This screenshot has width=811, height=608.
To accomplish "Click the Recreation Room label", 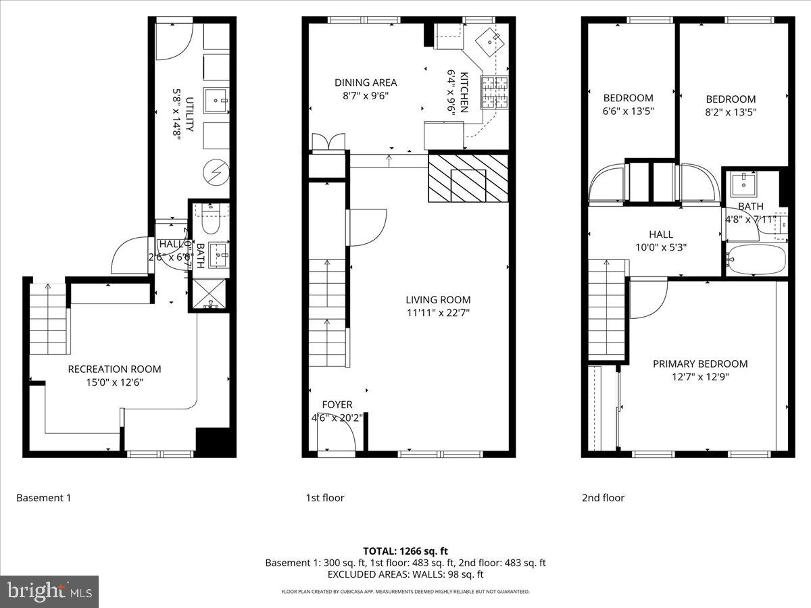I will [114, 369].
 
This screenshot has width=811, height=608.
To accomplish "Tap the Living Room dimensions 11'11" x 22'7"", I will [438, 312].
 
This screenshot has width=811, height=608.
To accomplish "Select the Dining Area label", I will [366, 82].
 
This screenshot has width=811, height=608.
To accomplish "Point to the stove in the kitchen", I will [493, 93].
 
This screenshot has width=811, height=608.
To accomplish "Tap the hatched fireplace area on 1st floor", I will [468, 178].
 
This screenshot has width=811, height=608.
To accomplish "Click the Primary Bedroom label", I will [699, 363].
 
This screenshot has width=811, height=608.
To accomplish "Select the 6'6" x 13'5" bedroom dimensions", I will [629, 111].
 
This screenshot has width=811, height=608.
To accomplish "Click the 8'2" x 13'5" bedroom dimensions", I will [731, 111].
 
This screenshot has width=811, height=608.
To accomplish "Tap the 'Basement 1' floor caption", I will [43, 498].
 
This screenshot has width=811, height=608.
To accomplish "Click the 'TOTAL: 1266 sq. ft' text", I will [405, 551].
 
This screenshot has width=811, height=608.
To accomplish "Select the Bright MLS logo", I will [49, 591].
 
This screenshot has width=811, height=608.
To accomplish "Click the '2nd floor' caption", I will [603, 498].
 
